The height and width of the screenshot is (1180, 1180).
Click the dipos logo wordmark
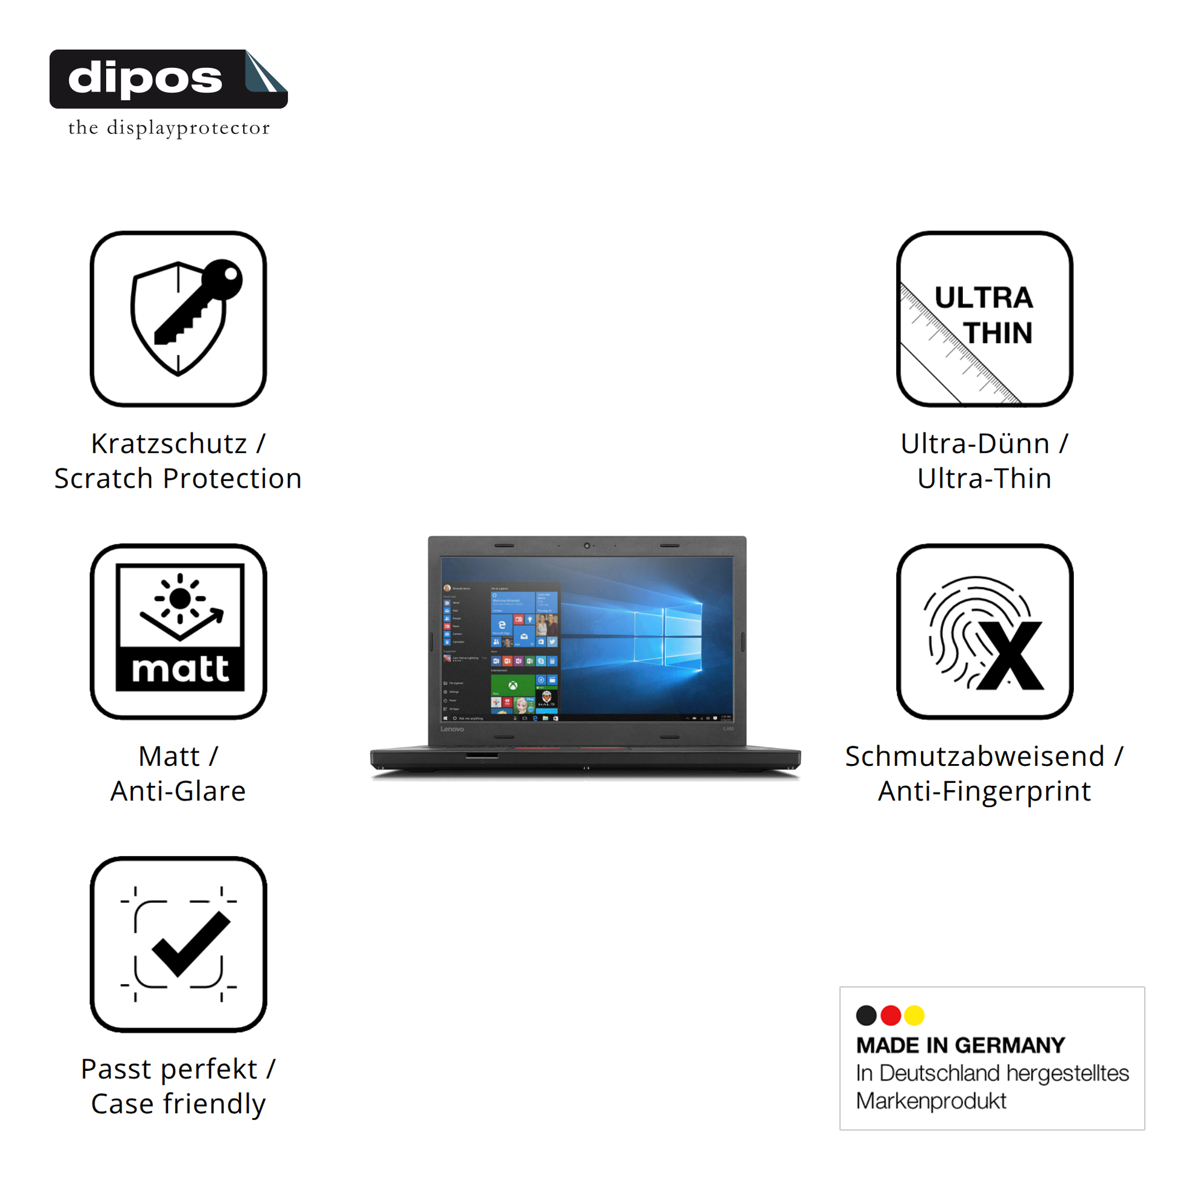pyautogui.click(x=146, y=79)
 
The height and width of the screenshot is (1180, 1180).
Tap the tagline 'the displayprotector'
pyautogui.click(x=169, y=129)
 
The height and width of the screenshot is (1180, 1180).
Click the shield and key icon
pyautogui.click(x=178, y=318)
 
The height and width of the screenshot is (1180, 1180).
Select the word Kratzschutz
pyautogui.click(x=169, y=444)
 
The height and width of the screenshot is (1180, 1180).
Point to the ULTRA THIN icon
pyautogui.click(x=984, y=318)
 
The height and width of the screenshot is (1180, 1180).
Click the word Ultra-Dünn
pyautogui.click(x=974, y=444)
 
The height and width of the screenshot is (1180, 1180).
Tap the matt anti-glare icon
pyautogui.click(x=178, y=631)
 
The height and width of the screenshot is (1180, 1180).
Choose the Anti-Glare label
pyautogui.click(x=178, y=791)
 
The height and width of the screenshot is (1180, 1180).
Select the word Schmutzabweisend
pyautogui.click(x=974, y=757)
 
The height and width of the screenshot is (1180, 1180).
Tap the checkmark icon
pyautogui.click(x=178, y=944)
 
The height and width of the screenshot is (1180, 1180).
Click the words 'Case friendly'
pyautogui.click(x=178, y=1104)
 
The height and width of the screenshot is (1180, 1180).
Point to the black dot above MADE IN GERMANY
pyautogui.click(x=866, y=1015)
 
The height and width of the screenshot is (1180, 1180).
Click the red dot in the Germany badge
pyautogui.click(x=891, y=1015)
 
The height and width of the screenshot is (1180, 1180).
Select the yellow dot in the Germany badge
pyautogui.click(x=914, y=1015)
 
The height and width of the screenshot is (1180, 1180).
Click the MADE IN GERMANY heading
pyautogui.click(x=960, y=1045)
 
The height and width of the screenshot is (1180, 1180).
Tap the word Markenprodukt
pyautogui.click(x=931, y=1101)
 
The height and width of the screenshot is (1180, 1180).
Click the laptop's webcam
pyautogui.click(x=586, y=545)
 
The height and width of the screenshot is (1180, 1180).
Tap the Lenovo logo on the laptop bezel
pyautogui.click(x=452, y=729)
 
